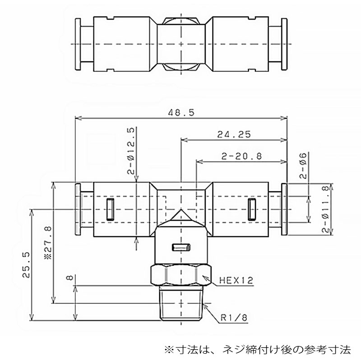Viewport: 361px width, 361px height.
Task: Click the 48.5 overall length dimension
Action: (x=181, y=112)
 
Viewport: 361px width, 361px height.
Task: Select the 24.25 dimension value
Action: (x=234, y=134)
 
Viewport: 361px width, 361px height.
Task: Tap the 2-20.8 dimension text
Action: (x=242, y=157)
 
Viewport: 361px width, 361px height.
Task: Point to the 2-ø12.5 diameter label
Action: (x=130, y=151)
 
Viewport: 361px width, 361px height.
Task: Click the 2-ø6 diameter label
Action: (x=303, y=166)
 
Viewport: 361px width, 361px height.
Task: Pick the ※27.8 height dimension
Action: (x=48, y=243)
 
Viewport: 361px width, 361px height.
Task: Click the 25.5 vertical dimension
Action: (x=26, y=265)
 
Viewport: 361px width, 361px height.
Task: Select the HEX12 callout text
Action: (x=236, y=280)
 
